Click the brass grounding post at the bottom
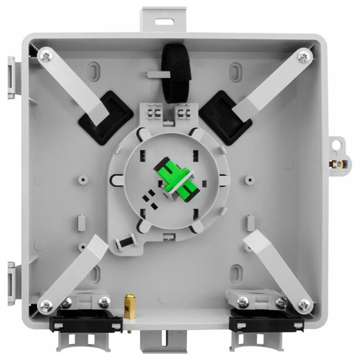point(130,306)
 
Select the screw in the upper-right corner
point(305,56)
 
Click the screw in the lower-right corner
point(305,305)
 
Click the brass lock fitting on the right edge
point(337,164)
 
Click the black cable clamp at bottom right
point(266,320)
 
